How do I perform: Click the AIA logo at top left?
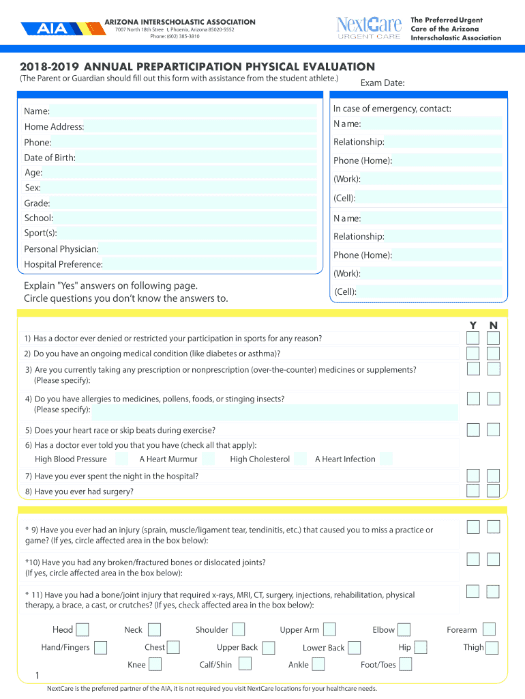(51, 29)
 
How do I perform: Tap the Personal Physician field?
(208, 249)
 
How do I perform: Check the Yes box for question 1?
(472, 339)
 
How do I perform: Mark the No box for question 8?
(494, 491)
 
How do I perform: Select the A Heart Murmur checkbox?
(208, 459)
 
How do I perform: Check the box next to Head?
(82, 630)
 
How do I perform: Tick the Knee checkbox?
(155, 664)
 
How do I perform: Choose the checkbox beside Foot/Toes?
(405, 664)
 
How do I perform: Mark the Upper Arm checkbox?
(329, 630)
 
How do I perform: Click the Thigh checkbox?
(492, 647)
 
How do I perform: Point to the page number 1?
(37, 676)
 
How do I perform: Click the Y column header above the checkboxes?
(472, 325)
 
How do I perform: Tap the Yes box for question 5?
(472, 430)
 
